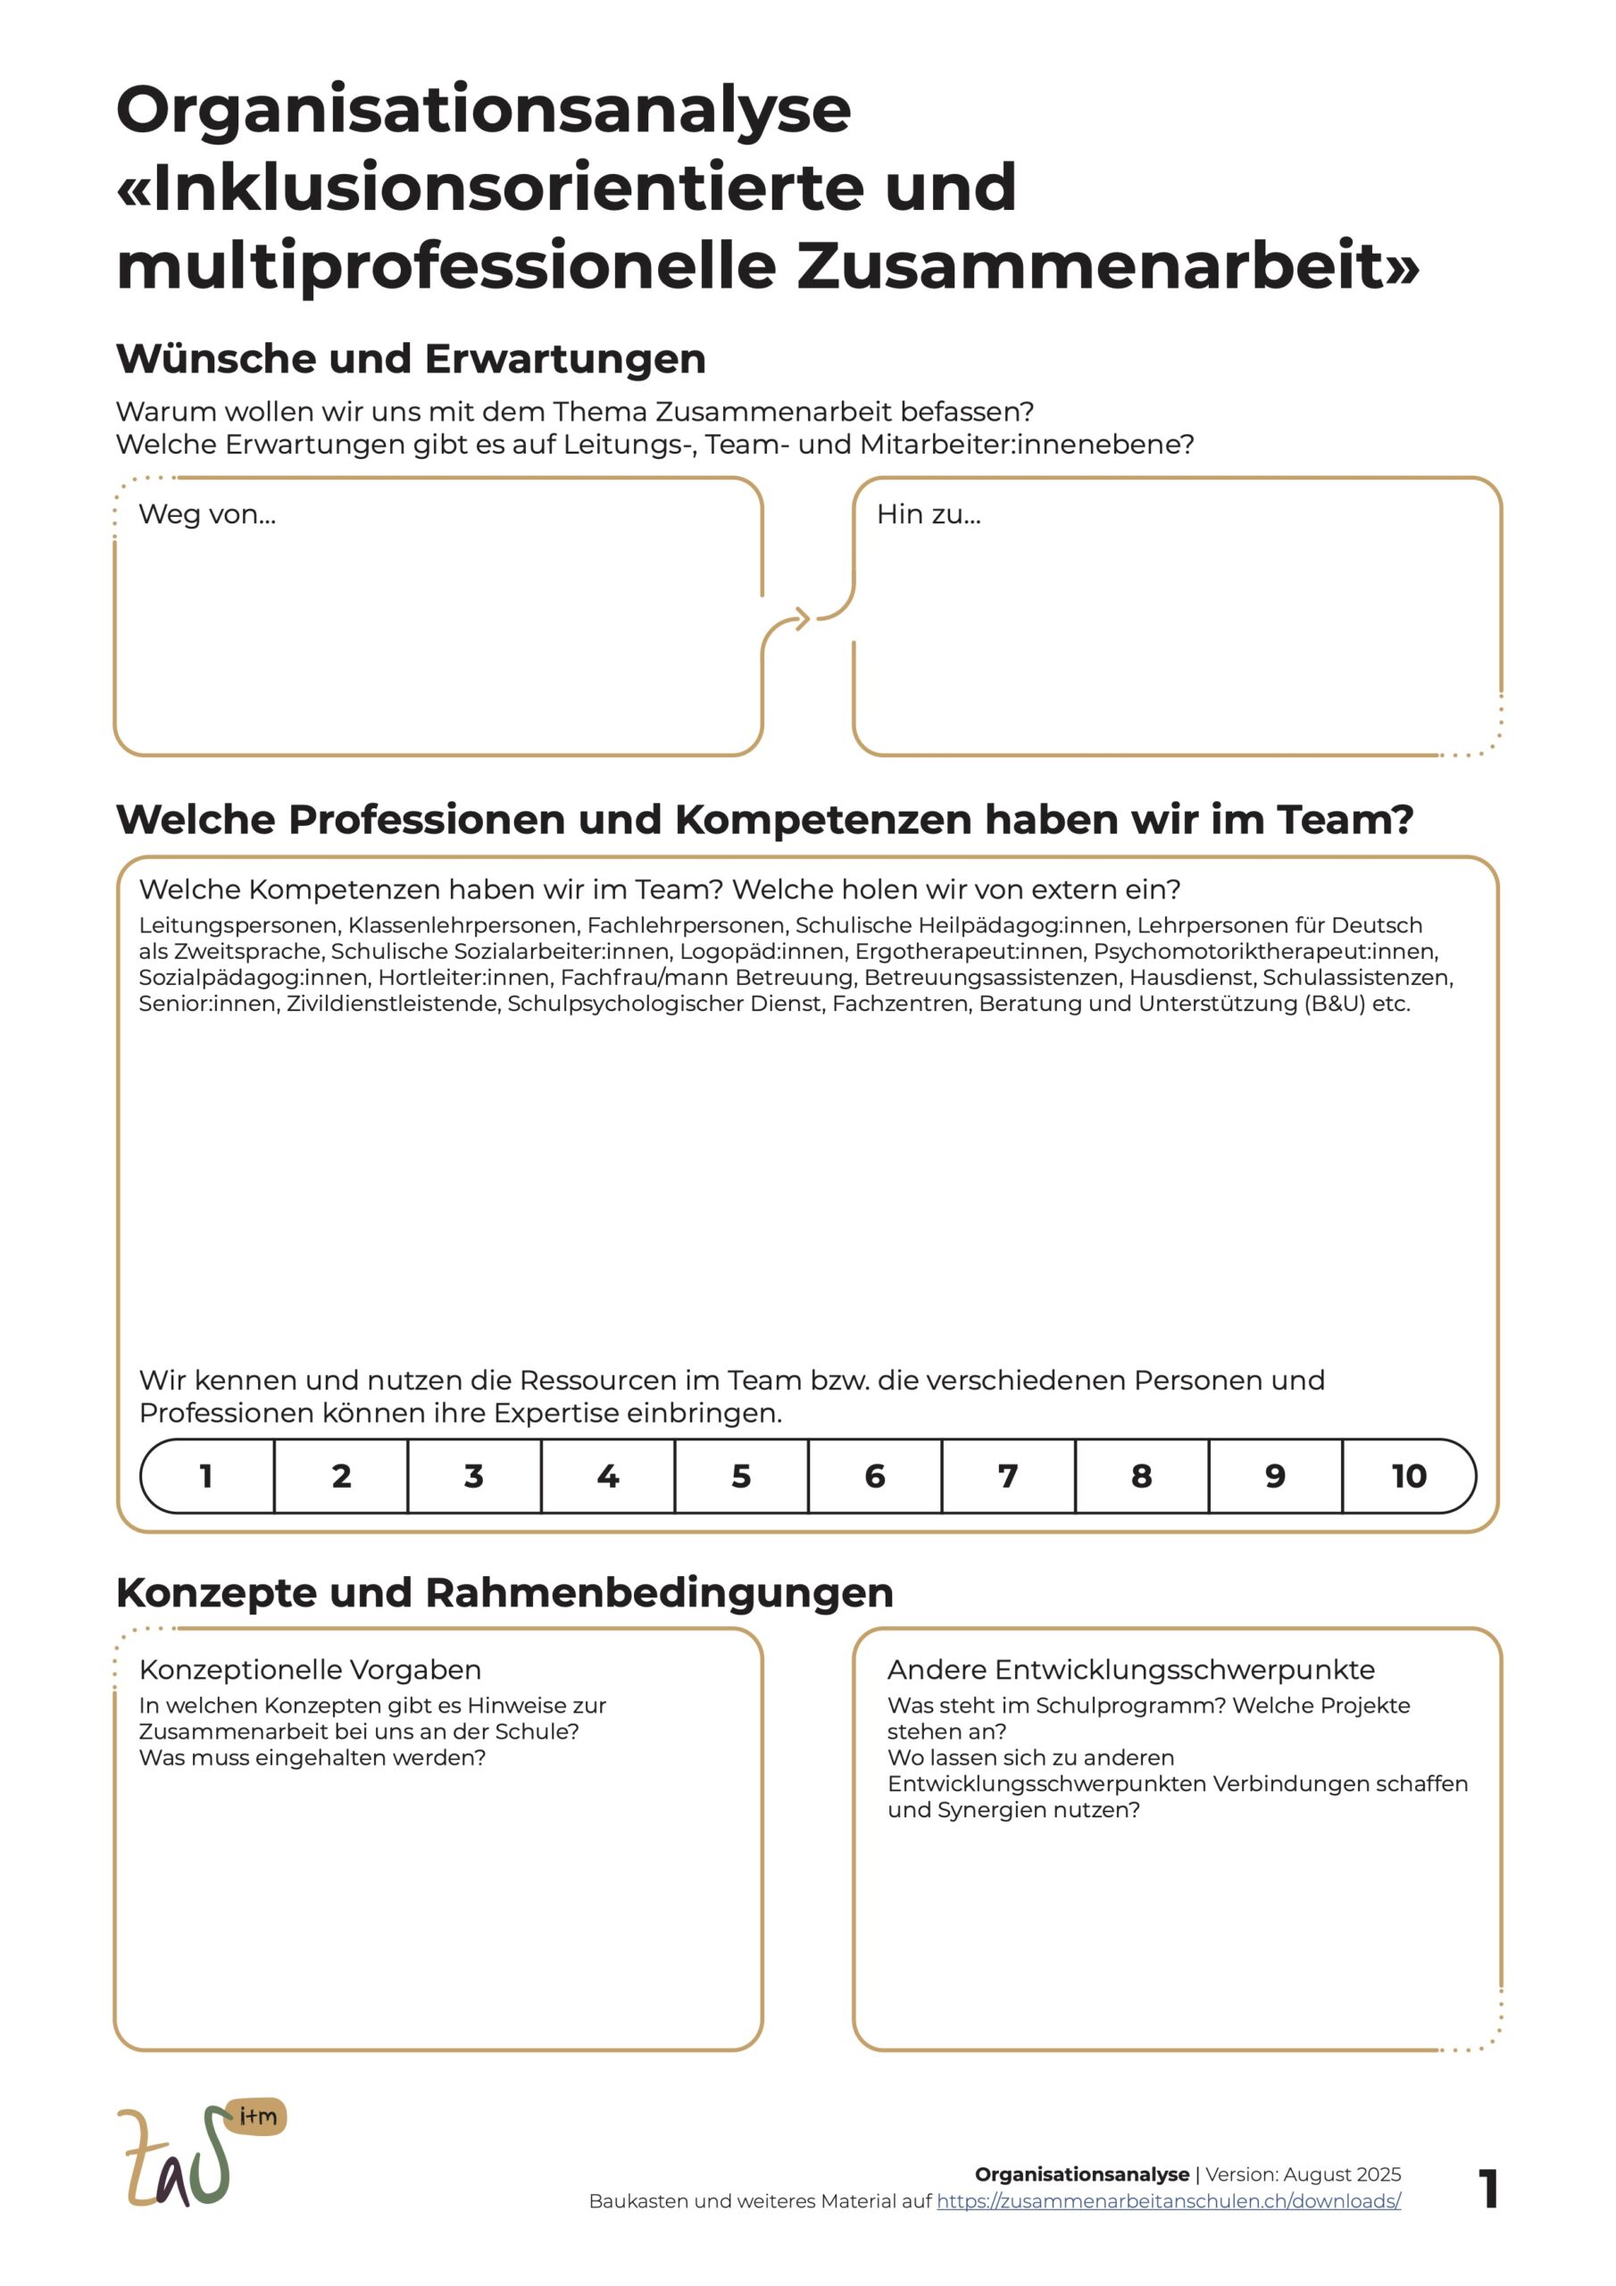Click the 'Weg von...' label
coord(207,514)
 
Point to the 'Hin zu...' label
coord(928,514)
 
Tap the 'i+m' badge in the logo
coord(258,2116)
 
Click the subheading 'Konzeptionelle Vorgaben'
coord(310,1670)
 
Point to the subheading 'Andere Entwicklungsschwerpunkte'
coord(1130,1670)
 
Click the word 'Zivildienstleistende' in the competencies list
coord(391,1004)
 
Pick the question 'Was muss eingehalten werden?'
coord(312,1757)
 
